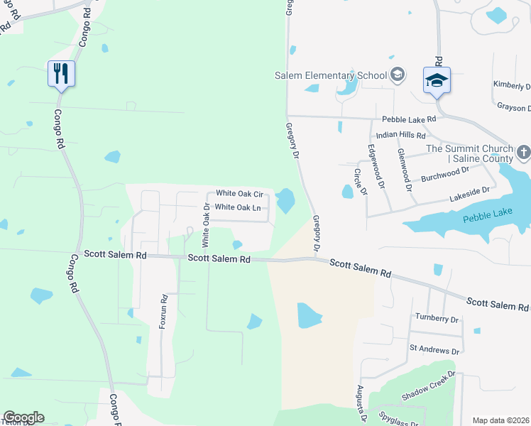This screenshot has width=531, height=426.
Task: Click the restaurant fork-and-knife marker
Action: point(60,73)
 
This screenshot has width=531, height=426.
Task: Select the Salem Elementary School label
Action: point(331,76)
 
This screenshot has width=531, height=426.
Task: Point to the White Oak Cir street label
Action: point(239,193)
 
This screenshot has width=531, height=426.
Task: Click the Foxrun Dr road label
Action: point(163,310)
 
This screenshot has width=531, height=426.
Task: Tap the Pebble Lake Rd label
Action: point(409,121)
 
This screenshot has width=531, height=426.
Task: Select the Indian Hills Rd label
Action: point(400,135)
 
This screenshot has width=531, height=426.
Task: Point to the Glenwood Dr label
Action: point(405,170)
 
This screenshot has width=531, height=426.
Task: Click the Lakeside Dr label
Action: point(469,192)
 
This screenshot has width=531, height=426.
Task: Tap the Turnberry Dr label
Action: point(438,319)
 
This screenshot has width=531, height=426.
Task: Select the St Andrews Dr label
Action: point(434,351)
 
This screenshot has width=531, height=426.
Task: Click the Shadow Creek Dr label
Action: point(427,386)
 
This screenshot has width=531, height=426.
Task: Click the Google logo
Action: point(23,417)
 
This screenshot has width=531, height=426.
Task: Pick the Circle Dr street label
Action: point(363,182)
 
